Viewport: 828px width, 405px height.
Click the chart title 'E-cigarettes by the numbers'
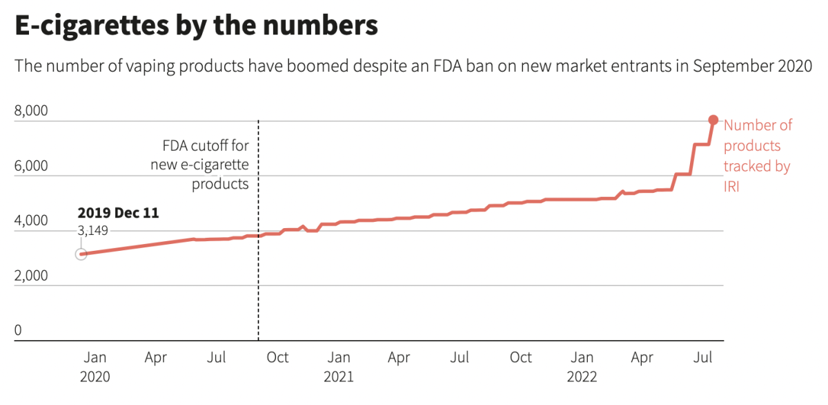tap(196, 26)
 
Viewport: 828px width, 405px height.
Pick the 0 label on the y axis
tap(18, 331)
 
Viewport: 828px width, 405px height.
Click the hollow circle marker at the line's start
tap(81, 254)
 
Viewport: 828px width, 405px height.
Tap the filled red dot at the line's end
tap(713, 120)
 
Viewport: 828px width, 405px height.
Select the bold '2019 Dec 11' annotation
tap(118, 213)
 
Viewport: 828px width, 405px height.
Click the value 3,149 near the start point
tap(92, 231)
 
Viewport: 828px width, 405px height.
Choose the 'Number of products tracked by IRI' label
tap(757, 156)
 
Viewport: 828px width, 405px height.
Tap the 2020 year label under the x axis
tap(95, 377)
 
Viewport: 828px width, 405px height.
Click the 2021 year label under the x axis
tap(338, 377)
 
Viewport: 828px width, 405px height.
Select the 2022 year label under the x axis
tap(582, 377)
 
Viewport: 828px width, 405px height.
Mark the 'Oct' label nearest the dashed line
tap(277, 357)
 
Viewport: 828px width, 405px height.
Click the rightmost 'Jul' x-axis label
tap(703, 357)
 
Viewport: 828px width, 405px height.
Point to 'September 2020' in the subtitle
tap(752, 66)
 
